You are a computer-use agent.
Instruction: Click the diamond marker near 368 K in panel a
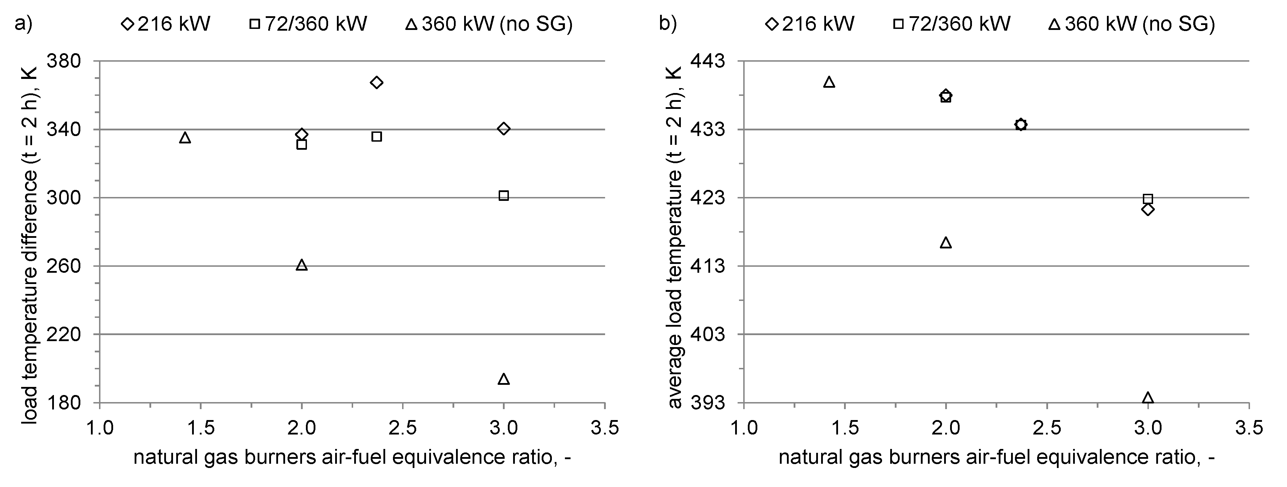377,82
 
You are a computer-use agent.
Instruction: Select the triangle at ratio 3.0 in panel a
504,380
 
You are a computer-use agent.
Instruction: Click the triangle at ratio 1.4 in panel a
185,138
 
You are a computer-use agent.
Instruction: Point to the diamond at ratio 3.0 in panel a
504,129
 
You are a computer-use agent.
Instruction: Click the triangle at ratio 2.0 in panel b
946,243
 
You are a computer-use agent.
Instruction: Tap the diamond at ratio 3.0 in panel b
1148,209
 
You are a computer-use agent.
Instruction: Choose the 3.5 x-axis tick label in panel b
1249,428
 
